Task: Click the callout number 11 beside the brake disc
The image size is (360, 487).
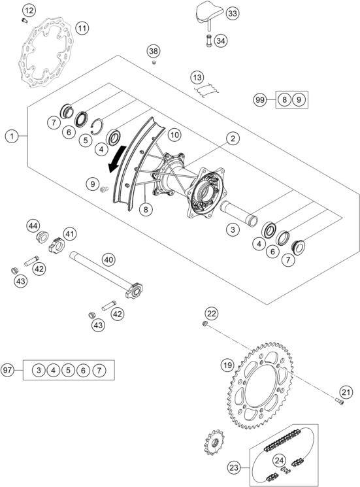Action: pyautogui.click(x=82, y=28)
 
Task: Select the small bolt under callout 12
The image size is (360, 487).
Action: pyautogui.click(x=25, y=21)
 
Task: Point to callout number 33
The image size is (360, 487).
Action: pyautogui.click(x=233, y=14)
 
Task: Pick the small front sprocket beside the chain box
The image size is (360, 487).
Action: pyautogui.click(x=214, y=442)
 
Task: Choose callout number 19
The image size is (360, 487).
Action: pyautogui.click(x=227, y=365)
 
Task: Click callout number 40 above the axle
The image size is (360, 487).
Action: pyautogui.click(x=108, y=260)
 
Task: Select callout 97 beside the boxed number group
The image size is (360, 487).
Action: pyautogui.click(x=7, y=370)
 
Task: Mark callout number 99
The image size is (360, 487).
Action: pyautogui.click(x=260, y=100)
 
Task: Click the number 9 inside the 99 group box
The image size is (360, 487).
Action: pyautogui.click(x=299, y=100)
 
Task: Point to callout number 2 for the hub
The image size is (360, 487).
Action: pyautogui.click(x=233, y=138)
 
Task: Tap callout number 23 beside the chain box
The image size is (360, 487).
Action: pyautogui.click(x=235, y=467)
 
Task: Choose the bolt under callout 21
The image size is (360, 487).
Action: pyautogui.click(x=340, y=401)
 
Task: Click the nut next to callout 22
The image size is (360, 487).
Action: pyautogui.click(x=205, y=324)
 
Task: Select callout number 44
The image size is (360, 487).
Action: pyautogui.click(x=33, y=226)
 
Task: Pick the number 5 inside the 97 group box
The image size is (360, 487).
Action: pyautogui.click(x=68, y=370)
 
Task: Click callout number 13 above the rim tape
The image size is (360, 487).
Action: pyautogui.click(x=197, y=77)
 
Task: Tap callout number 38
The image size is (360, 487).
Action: pyautogui.click(x=154, y=51)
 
